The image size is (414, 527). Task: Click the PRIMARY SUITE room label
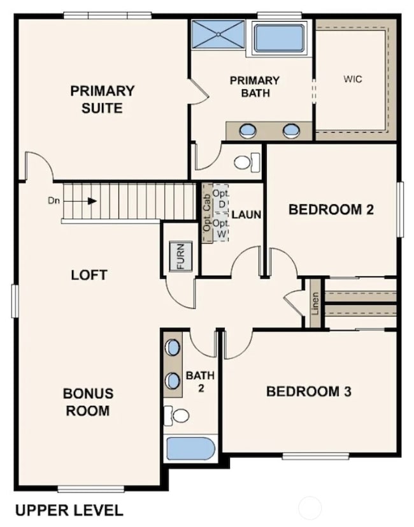tap(102, 99)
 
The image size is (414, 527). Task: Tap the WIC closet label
tap(352, 80)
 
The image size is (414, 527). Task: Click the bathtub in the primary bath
tap(279, 38)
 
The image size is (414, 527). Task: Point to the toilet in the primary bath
tap(245, 162)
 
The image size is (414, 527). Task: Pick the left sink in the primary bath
tap(248, 131)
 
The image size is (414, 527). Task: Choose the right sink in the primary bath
tap(290, 131)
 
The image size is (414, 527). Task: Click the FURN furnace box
tap(180, 256)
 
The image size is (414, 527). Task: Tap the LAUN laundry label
tap(246, 215)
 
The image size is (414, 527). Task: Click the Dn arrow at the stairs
tap(91, 200)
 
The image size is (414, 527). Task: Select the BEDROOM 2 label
tap(331, 209)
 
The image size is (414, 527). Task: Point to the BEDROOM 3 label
tap(308, 391)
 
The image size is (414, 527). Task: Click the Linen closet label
tap(315, 303)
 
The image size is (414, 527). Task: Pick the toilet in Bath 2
tap(178, 416)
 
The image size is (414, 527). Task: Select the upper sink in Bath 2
tap(173, 348)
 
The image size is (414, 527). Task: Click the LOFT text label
tap(89, 275)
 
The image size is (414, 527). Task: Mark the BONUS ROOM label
tap(88, 401)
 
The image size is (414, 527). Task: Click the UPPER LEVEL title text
tap(68, 510)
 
